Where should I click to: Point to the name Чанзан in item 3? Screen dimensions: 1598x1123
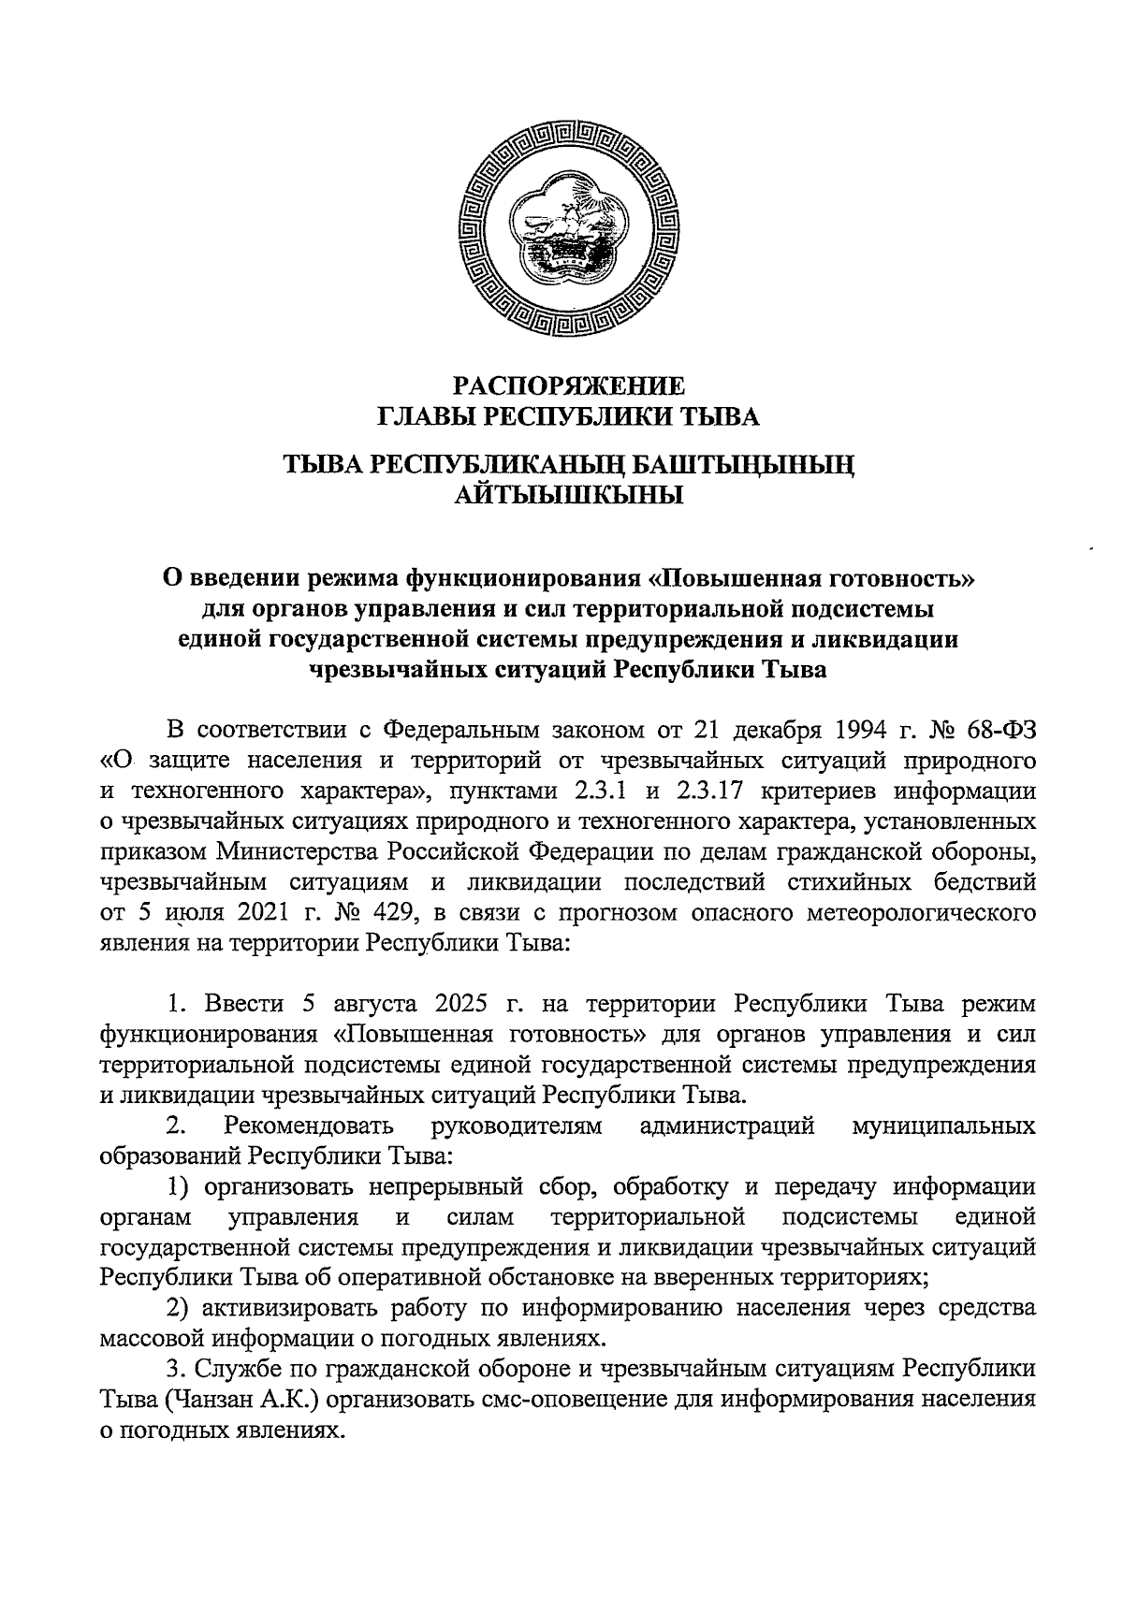[x=213, y=1402]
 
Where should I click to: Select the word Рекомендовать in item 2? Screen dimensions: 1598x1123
[x=303, y=1126]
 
